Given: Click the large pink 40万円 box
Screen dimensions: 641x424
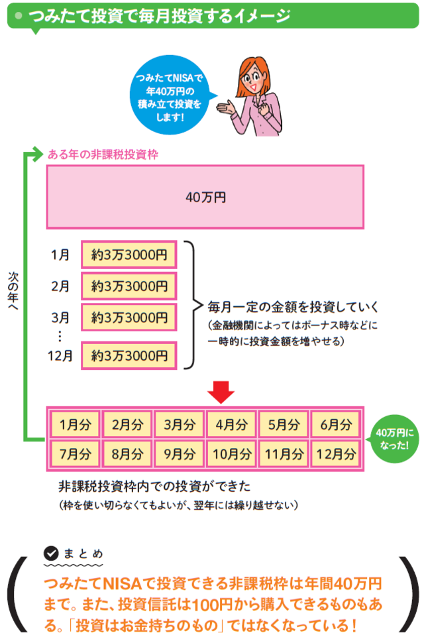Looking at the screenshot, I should tap(205, 197).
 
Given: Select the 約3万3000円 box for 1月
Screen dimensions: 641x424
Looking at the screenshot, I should tap(129, 253).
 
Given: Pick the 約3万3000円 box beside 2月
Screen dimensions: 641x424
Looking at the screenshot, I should tap(129, 287).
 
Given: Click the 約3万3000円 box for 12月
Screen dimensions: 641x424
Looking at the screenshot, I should tap(129, 355).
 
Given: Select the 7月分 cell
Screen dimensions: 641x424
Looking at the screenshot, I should tap(74, 454).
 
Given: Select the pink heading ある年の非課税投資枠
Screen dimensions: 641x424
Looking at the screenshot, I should tap(102, 154).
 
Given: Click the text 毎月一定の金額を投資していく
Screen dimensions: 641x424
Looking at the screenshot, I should tap(292, 306).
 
